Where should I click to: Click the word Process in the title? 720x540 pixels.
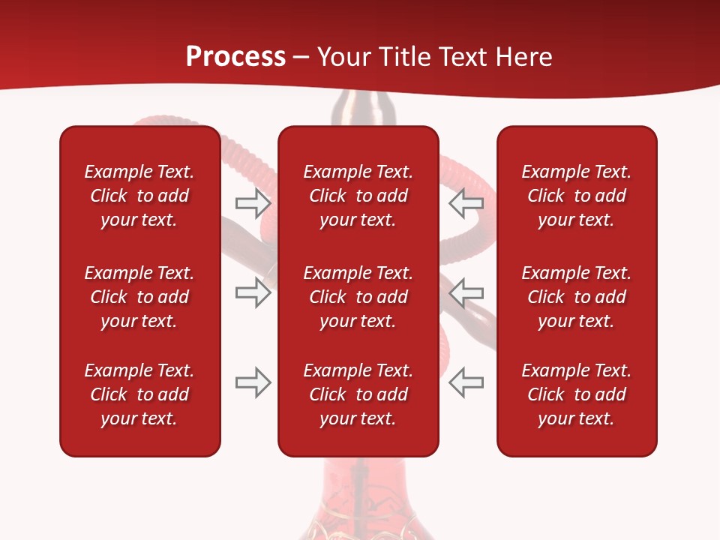coord(235,56)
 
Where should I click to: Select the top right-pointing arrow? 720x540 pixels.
coord(253,202)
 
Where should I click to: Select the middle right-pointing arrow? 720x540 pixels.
coord(253,292)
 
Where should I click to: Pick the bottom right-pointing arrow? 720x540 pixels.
coord(253,382)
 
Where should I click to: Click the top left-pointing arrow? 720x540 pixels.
coord(466,202)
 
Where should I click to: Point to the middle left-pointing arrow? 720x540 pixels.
coord(466,292)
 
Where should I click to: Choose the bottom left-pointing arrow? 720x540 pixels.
coord(466,382)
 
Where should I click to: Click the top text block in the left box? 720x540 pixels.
coord(139,196)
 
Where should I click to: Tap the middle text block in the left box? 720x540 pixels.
coord(139,297)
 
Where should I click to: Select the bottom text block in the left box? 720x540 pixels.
coord(139,394)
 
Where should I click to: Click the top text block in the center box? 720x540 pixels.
coord(358,196)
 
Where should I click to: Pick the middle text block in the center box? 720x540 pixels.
coord(358,297)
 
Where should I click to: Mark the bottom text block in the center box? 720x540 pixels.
coord(358,394)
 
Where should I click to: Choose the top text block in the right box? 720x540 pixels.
coord(576,196)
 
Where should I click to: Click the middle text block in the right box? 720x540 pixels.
coord(576,297)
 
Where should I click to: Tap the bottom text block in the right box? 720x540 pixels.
coord(576,394)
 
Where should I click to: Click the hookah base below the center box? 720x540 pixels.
coord(358,502)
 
